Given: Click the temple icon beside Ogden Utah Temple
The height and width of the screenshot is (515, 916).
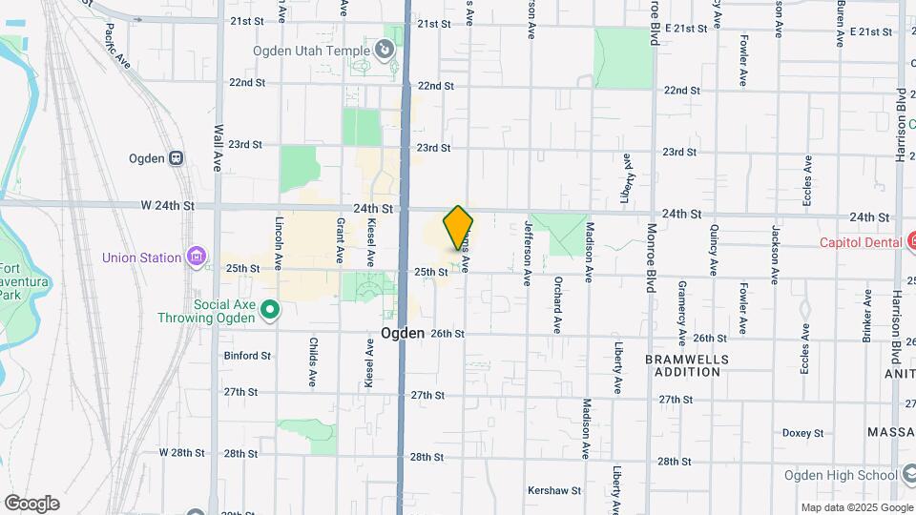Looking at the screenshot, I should (385, 47).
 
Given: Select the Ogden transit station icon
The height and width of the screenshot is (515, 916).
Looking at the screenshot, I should (176, 158).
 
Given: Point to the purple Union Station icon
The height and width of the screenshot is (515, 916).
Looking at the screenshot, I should (197, 256).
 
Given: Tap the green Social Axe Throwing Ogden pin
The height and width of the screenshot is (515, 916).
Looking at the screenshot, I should (270, 308).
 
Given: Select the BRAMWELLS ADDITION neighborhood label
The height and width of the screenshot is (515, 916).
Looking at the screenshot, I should (686, 365).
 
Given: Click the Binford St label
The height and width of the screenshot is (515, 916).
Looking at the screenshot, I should (247, 356).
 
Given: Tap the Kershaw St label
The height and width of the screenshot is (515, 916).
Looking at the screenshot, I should (554, 490).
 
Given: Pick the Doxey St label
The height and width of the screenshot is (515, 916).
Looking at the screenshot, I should (802, 432).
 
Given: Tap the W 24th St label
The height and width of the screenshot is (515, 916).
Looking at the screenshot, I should (167, 205).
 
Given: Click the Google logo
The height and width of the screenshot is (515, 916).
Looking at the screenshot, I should (31, 503).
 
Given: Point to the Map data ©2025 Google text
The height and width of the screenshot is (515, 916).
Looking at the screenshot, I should (856, 507).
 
